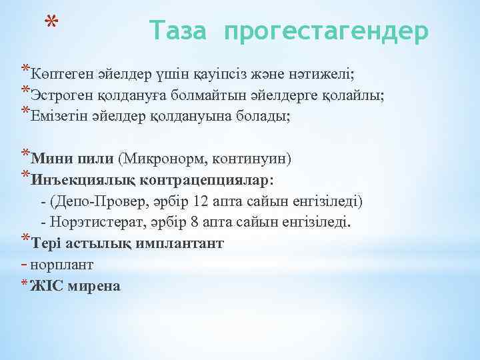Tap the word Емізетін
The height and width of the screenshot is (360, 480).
click(60, 115)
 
